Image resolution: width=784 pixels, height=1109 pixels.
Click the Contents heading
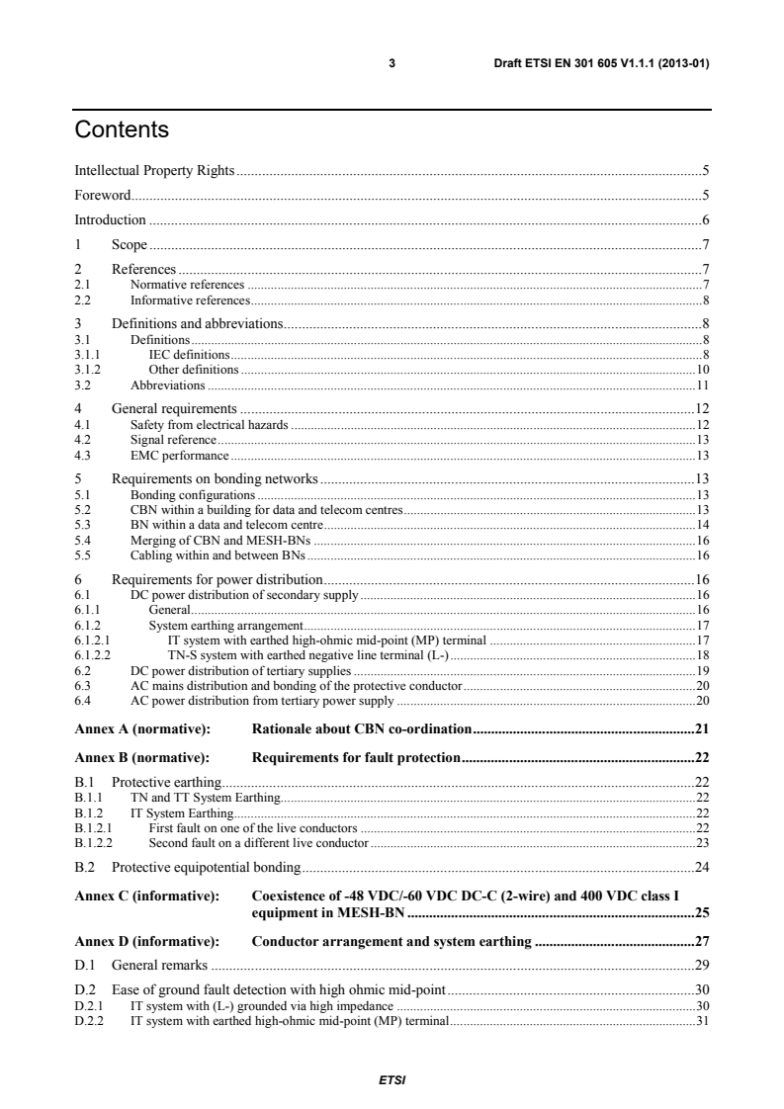[122, 130]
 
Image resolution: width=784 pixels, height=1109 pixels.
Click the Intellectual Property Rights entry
[155, 171]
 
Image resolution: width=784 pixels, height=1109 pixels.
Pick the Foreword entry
[103, 196]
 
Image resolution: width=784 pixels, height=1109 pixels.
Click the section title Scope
[129, 244]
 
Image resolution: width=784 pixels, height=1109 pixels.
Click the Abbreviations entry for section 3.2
[168, 384]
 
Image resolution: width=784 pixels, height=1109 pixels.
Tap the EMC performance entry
[180, 455]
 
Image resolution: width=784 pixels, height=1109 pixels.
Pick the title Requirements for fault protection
[356, 758]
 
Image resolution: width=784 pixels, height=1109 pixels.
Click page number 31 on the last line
[703, 1020]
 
